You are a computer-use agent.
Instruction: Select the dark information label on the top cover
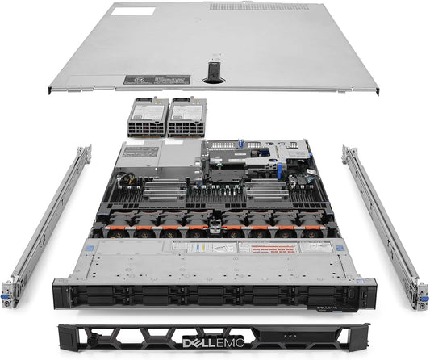[x=157, y=82]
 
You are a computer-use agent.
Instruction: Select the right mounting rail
[x=382, y=218]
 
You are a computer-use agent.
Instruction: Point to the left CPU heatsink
[x=161, y=191]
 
